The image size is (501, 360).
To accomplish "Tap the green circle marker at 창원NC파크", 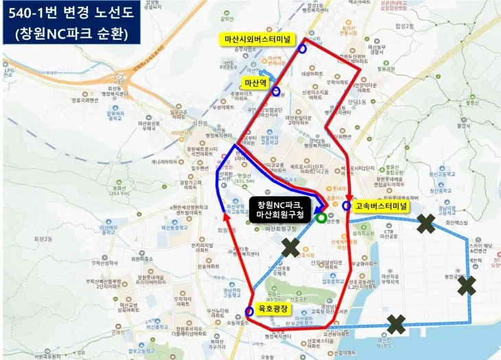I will [322, 219].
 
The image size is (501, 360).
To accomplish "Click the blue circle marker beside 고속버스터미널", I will [346, 206].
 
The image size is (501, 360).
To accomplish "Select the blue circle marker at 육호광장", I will [248, 311].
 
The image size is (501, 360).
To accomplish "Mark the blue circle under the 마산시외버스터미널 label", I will [303, 48].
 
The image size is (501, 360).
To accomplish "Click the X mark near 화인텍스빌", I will [426, 223].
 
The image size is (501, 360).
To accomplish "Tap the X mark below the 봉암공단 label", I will [467, 285].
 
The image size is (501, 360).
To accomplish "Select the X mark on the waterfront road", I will [396, 322].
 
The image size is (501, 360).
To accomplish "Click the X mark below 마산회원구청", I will [290, 248].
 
